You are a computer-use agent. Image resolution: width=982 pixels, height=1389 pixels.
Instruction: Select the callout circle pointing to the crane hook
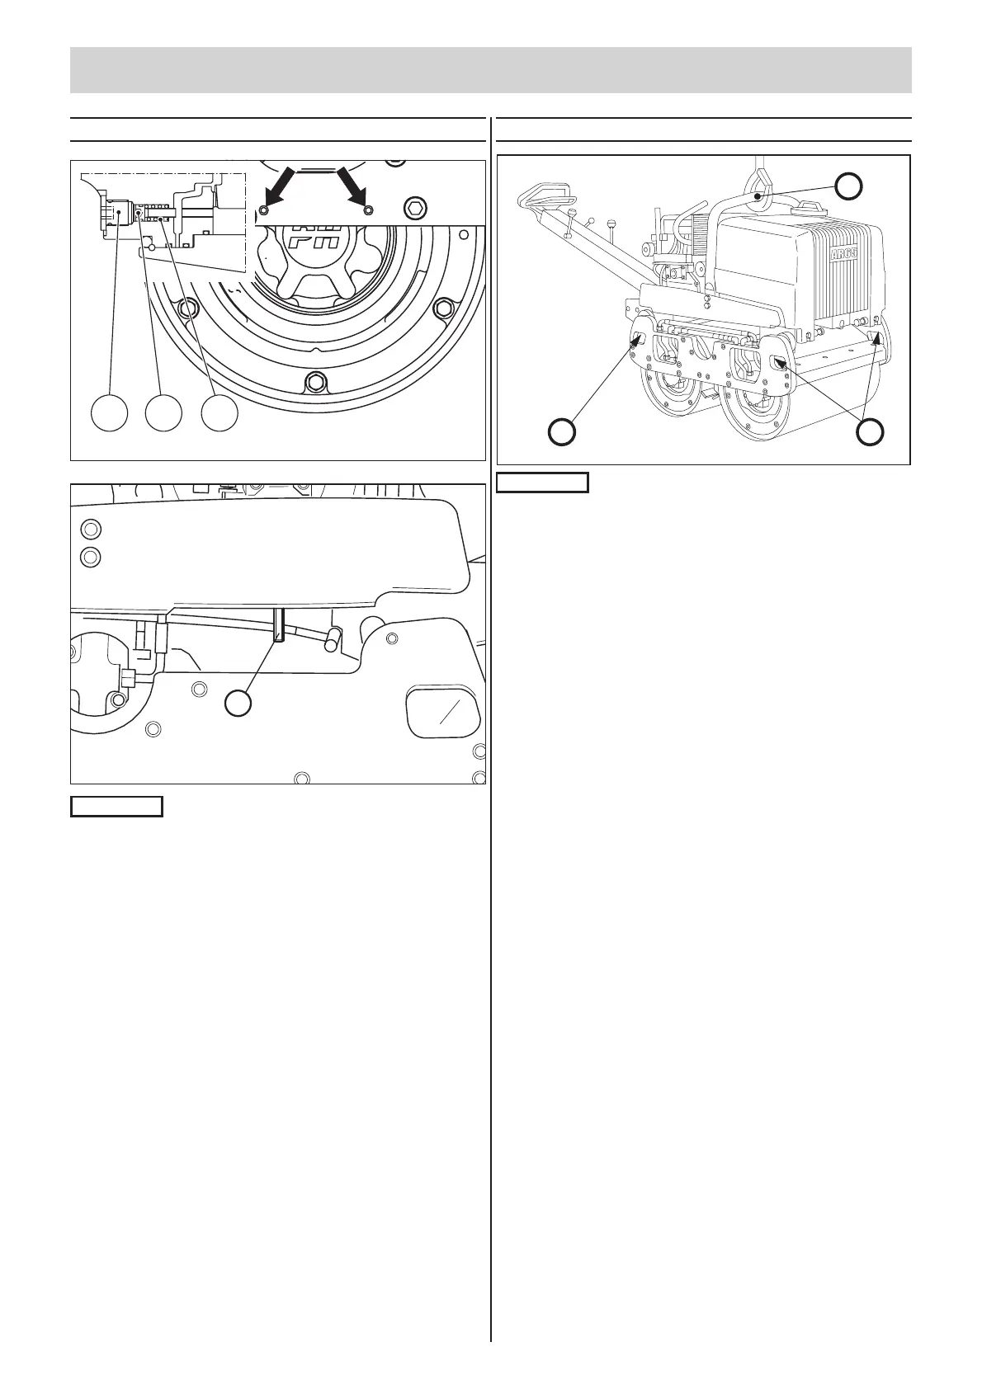pyautogui.click(x=847, y=187)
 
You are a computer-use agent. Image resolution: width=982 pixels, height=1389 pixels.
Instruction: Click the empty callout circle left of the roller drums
pyautogui.click(x=563, y=432)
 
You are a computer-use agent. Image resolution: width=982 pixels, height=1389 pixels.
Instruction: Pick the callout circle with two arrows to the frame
pyautogui.click(x=870, y=431)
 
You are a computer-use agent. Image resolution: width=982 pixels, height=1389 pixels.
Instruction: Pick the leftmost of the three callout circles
pyautogui.click(x=110, y=412)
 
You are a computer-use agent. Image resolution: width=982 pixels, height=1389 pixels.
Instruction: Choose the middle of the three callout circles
pyautogui.click(x=163, y=412)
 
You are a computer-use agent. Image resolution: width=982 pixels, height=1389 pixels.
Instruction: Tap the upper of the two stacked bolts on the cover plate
pyautogui.click(x=92, y=529)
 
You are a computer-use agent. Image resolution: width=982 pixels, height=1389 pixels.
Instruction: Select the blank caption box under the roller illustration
pyautogui.click(x=542, y=483)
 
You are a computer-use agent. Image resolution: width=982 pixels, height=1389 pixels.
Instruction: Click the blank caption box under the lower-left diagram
pyautogui.click(x=116, y=806)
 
